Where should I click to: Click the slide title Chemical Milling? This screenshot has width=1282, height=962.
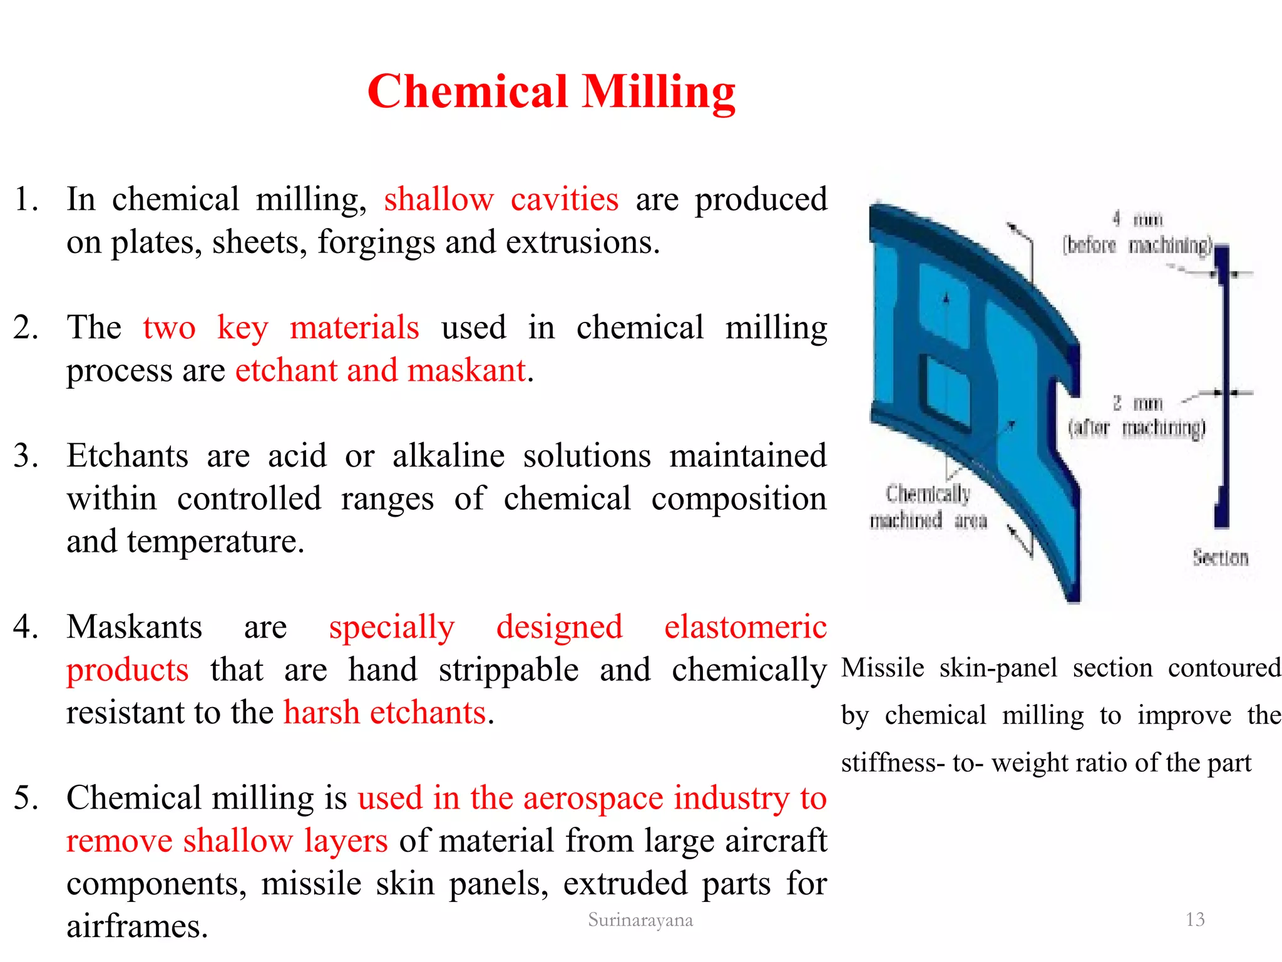pos(551,91)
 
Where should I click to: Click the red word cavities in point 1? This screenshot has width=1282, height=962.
pos(564,200)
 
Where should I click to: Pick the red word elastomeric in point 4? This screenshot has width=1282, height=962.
pos(745,627)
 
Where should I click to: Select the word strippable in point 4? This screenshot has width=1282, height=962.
pos(508,670)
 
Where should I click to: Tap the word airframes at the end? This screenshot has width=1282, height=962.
pos(136,926)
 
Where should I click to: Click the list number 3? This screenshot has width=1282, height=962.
pos(26,455)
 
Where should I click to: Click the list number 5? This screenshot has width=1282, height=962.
pos(26,799)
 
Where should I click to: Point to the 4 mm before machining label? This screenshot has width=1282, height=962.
pos(1137,232)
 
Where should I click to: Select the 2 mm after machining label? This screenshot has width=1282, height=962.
pos(1137,416)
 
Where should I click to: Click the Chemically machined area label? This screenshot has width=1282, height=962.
pos(928,507)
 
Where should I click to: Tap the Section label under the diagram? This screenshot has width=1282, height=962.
pos(1220,557)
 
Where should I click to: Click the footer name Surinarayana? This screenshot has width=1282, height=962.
pos(640,919)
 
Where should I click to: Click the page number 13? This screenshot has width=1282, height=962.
pos(1195,919)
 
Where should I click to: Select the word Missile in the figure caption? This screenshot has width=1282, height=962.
pos(883,668)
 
